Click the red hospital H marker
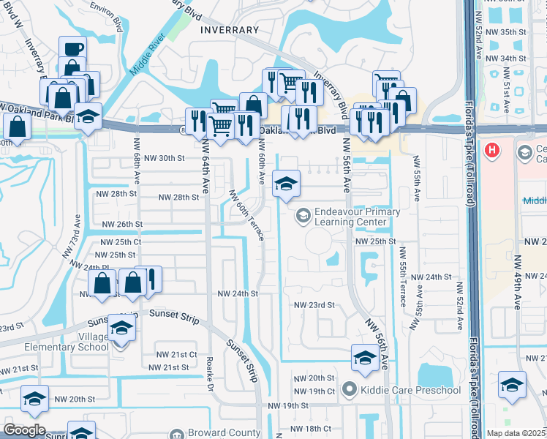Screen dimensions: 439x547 [x=493, y=151]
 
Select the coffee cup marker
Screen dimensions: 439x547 [x=72, y=49]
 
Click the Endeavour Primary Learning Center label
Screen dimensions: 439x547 [x=357, y=217]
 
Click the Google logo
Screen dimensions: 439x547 [x=24, y=430]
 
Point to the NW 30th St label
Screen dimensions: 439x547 [x=161, y=158]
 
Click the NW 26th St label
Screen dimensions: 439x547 [x=121, y=224]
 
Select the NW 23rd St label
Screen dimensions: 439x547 [x=314, y=305]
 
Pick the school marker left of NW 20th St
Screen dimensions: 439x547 [x=34, y=399]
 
